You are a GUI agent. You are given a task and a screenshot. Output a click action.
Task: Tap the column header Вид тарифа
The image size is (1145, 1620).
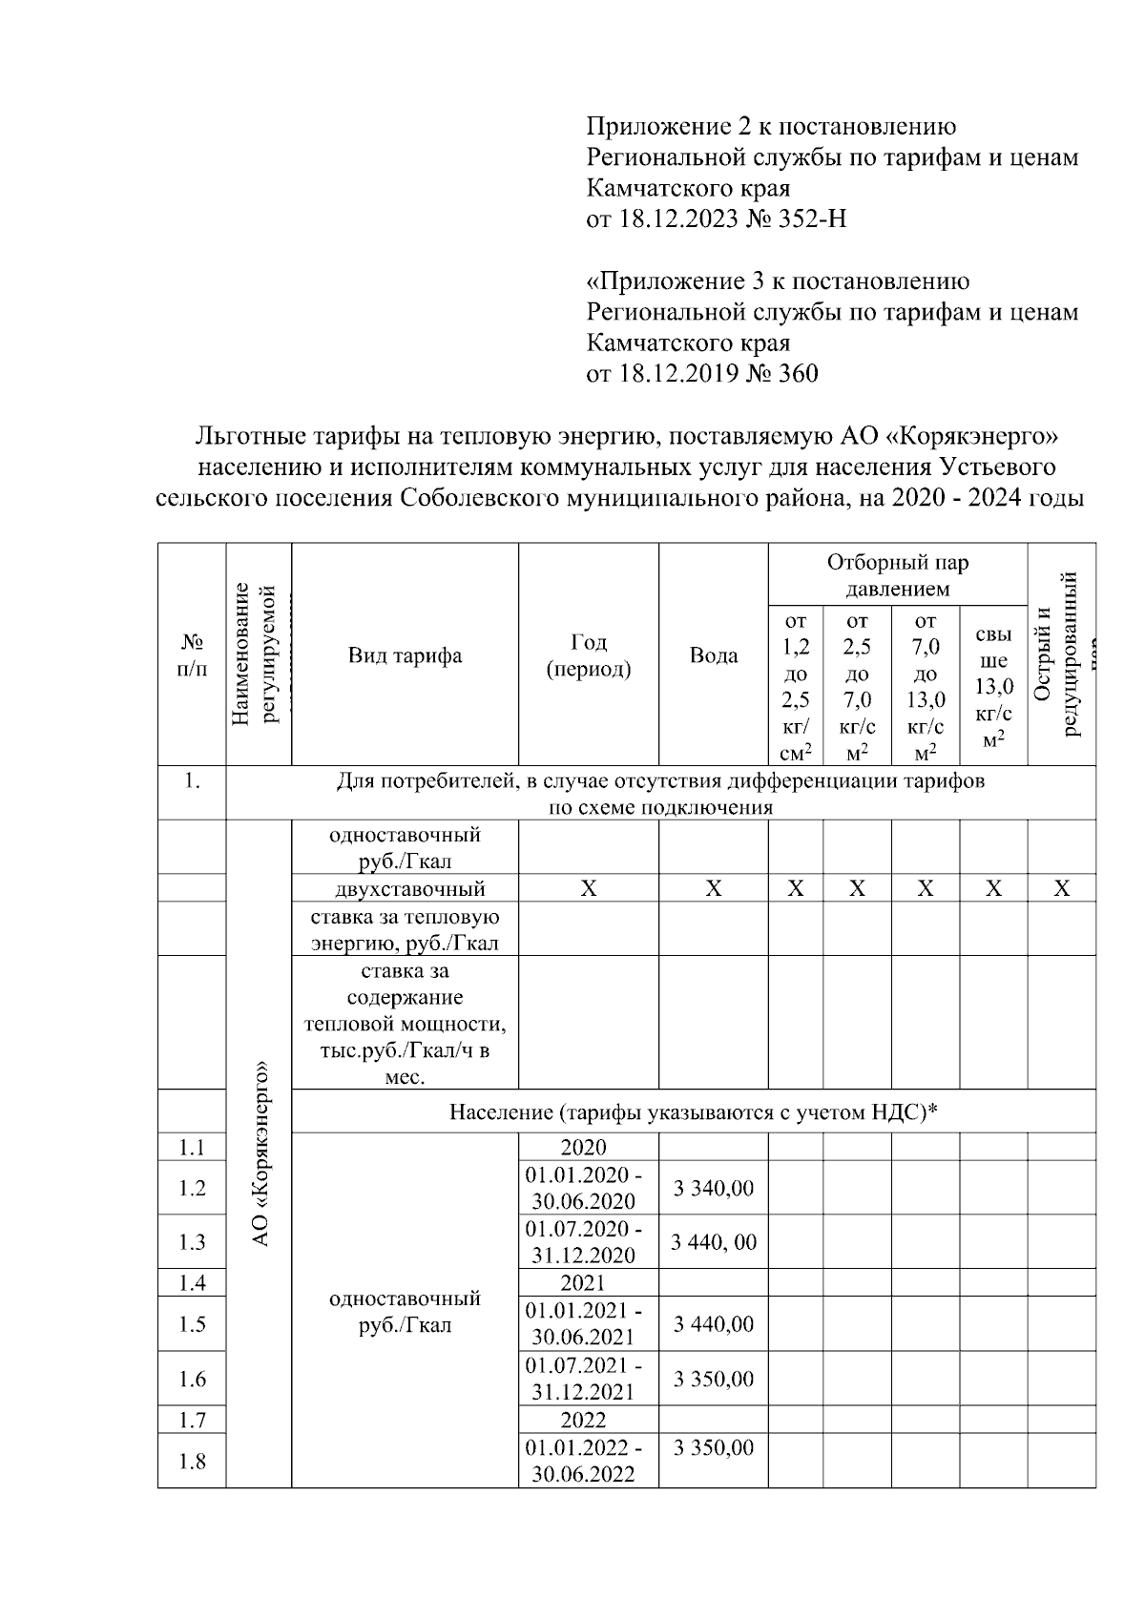(405, 655)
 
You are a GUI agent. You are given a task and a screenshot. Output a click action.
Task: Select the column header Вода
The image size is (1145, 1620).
(713, 655)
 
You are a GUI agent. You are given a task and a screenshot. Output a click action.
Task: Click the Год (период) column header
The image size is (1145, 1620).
(588, 655)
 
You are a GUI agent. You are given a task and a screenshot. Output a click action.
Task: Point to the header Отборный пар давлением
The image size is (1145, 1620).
(897, 575)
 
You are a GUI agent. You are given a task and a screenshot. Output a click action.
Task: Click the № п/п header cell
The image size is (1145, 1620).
(192, 655)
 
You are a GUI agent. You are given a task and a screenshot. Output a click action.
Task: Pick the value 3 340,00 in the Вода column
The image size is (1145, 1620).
(713, 1189)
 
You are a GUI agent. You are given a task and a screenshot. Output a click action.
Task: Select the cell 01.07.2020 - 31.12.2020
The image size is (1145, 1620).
(588, 1241)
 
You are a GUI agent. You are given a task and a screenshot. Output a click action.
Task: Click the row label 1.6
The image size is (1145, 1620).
(192, 1379)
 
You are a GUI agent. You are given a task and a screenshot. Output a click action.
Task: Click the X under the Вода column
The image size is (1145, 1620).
(713, 889)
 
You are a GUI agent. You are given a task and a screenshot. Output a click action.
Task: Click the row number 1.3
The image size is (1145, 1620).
(192, 1242)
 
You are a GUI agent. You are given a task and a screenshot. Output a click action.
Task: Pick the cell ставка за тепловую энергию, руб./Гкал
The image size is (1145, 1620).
(405, 930)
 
